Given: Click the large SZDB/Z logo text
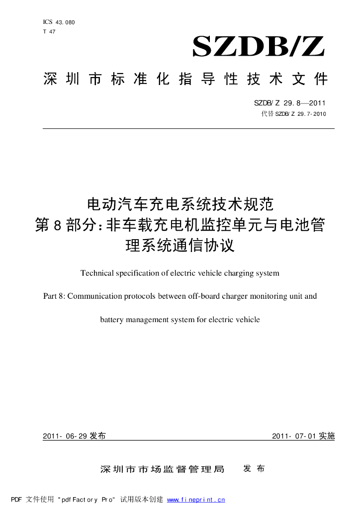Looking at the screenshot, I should pyautogui.click(x=258, y=48).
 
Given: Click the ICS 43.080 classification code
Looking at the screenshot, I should pyautogui.click(x=59, y=22).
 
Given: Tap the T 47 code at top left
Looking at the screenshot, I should pyautogui.click(x=49, y=31).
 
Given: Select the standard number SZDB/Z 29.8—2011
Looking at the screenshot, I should pyautogui.click(x=289, y=103).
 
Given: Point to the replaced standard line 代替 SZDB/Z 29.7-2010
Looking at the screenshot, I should pyautogui.click(x=293, y=114).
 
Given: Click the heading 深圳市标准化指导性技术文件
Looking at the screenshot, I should pyautogui.click(x=185, y=79).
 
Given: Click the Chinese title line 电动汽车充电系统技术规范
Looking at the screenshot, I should pyautogui.click(x=180, y=204).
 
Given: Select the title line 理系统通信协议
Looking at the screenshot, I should pyautogui.click(x=180, y=245).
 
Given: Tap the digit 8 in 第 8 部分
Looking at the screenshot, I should pyautogui.click(x=56, y=225).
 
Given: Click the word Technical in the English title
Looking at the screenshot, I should pyautogui.click(x=96, y=273).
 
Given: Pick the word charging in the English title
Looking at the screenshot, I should pyautogui.click(x=238, y=273).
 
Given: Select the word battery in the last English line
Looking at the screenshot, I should pyautogui.click(x=111, y=320).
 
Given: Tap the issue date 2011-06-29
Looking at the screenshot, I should pyautogui.click(x=65, y=436).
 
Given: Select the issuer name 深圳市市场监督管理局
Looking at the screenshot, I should pyautogui.click(x=162, y=469).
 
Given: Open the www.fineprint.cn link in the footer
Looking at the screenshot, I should pyautogui.click(x=196, y=500).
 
